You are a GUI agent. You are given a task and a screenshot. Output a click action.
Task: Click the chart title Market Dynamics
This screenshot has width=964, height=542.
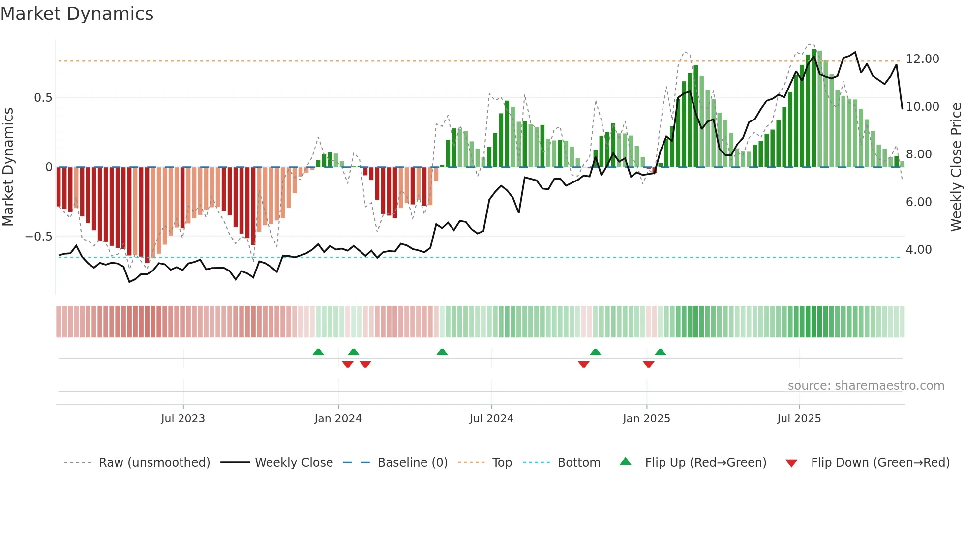[x=77, y=14]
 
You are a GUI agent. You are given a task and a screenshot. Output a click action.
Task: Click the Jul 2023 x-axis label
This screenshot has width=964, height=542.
[x=183, y=419]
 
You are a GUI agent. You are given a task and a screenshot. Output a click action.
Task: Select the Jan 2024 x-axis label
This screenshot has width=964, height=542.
[x=338, y=419]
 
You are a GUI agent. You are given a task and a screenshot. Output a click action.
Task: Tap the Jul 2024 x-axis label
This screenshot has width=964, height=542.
[x=491, y=419]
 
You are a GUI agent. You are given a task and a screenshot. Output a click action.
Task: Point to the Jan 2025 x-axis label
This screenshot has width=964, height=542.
[x=646, y=419]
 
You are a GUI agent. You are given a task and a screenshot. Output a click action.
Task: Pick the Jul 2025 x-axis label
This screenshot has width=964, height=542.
[x=799, y=419]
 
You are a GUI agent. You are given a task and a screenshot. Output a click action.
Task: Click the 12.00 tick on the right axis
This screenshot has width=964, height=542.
[x=922, y=59]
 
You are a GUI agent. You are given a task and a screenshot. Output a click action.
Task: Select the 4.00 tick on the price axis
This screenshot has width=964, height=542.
[x=918, y=250]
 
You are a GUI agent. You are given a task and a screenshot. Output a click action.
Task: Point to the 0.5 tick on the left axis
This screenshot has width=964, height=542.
[x=43, y=98]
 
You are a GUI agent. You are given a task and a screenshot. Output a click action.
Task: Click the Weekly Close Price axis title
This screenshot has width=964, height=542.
[x=956, y=167]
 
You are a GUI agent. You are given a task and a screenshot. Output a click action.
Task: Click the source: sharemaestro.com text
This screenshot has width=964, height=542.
[x=866, y=386]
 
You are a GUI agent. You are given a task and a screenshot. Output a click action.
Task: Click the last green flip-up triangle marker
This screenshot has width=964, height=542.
[x=660, y=352]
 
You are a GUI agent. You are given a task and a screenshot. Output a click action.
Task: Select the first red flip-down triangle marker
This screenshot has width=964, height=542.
[x=347, y=364]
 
